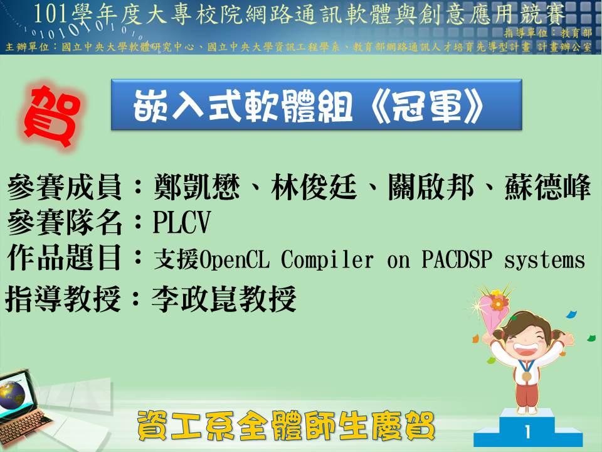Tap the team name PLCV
click(x=182, y=222)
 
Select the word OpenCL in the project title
click(x=234, y=260)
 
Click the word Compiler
click(x=327, y=260)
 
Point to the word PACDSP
click(x=457, y=259)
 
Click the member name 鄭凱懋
click(x=196, y=187)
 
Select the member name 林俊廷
click(x=314, y=187)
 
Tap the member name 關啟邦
click(x=431, y=187)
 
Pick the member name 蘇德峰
click(x=548, y=187)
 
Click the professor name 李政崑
click(x=195, y=299)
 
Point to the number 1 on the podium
click(x=528, y=432)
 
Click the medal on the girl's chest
click(x=527, y=376)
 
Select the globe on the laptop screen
click(x=11, y=395)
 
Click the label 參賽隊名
click(x=64, y=222)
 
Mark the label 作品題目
click(x=64, y=258)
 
